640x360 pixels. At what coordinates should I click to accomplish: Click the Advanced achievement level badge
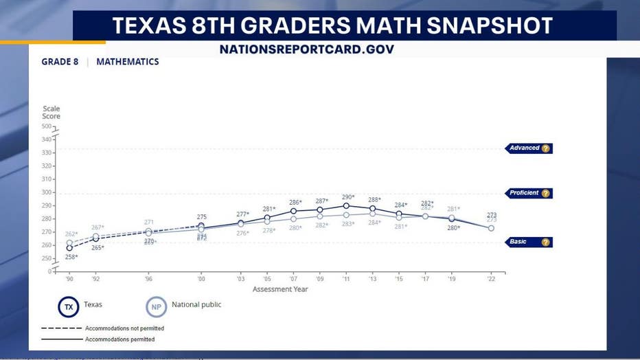tap(529, 148)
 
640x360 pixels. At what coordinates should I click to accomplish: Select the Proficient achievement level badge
tap(529, 194)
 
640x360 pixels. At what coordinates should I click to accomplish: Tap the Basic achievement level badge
tap(529, 243)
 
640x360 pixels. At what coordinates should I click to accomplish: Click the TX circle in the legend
tap(68, 307)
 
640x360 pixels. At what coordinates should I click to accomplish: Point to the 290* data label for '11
tap(348, 197)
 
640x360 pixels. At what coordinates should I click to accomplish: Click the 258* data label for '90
tap(71, 257)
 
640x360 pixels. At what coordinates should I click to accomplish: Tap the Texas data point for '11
tap(346, 205)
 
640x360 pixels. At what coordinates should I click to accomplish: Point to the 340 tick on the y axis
tap(47, 139)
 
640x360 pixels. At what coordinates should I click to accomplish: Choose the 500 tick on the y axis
tap(47, 126)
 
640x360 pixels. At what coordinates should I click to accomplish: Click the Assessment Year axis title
tap(280, 289)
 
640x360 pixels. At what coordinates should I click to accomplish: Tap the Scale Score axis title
tap(52, 113)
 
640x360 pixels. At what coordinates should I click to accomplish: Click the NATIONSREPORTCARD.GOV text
tap(307, 49)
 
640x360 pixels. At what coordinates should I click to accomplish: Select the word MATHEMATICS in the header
tap(128, 62)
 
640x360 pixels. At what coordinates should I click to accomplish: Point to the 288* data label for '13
tap(374, 200)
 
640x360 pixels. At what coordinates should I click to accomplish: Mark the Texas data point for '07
tap(293, 211)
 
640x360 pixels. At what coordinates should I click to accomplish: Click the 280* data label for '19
tap(453, 227)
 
